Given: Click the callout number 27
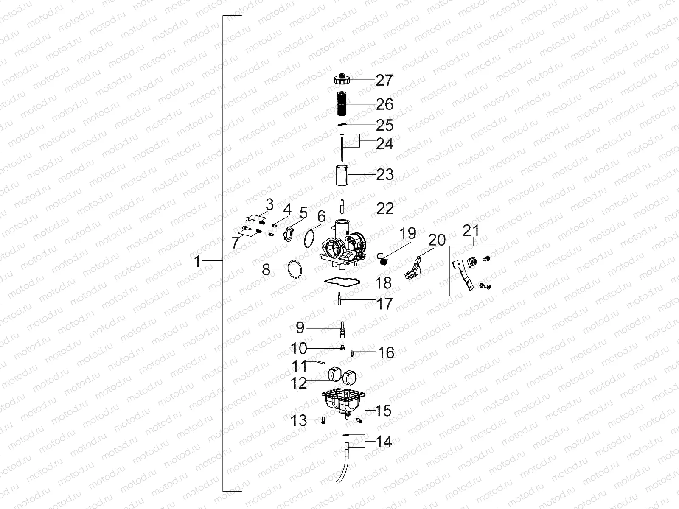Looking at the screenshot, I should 384,80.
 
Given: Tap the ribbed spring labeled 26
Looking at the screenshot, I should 344,103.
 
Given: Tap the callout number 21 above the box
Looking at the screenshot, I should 470,231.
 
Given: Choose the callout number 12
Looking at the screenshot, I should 299,383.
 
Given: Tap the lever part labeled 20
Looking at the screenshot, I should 415,269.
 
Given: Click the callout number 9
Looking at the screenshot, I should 300,328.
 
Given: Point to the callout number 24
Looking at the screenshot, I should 385,144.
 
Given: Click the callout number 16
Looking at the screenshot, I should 386,352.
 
